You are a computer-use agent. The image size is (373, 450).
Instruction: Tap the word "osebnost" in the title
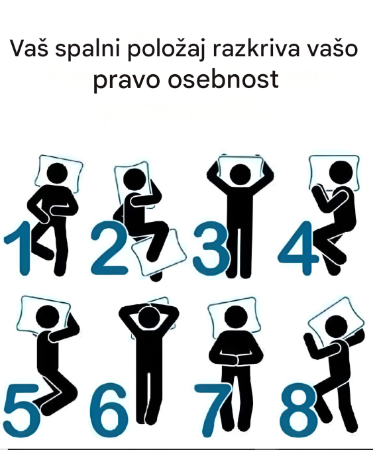tap(223, 79)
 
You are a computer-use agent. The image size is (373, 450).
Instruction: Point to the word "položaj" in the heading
tap(166, 49)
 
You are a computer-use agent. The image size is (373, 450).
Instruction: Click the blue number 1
tap(21, 248)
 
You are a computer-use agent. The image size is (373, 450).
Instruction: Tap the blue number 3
tap(211, 248)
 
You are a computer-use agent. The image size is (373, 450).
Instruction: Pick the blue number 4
tap(298, 247)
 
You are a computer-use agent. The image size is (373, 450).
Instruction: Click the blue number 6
tap(109, 410)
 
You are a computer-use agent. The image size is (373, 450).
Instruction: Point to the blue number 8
tap(299, 410)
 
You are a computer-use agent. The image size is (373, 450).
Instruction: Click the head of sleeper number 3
tap(240, 174)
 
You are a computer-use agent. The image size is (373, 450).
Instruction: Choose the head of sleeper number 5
tap(48, 315)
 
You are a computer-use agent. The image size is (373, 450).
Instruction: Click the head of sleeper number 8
tap(337, 326)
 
